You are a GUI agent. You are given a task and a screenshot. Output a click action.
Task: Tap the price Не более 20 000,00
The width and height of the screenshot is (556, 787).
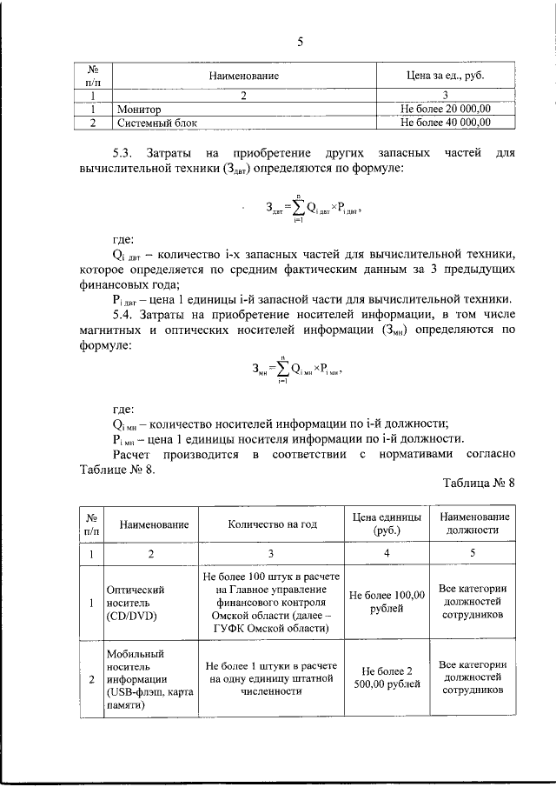pos(446,110)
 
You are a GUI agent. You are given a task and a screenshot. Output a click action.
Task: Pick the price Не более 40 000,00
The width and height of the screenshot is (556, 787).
pos(446,123)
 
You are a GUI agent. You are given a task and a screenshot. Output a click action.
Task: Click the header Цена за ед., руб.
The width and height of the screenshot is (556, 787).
pos(446,77)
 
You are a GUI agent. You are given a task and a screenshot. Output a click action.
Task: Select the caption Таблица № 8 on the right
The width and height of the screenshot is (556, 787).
pos(479,483)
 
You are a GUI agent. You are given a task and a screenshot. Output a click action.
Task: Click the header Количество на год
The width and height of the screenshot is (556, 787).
pos(272,526)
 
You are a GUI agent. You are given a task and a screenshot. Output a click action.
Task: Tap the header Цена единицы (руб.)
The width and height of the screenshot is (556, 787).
pos(387,524)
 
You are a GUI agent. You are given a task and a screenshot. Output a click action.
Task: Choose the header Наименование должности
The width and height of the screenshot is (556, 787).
pos(473,524)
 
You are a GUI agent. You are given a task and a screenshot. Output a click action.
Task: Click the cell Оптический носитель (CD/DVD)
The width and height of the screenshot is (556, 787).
pos(136,602)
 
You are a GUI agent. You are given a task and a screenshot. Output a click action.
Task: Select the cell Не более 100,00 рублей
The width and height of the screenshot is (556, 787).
pos(387,602)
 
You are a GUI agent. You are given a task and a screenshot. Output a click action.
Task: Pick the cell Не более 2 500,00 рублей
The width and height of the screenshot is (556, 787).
pos(387,677)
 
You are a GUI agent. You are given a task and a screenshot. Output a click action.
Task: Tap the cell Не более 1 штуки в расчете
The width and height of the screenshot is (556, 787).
pos(272,677)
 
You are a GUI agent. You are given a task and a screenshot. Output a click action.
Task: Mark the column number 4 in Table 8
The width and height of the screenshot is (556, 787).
pos(387,553)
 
